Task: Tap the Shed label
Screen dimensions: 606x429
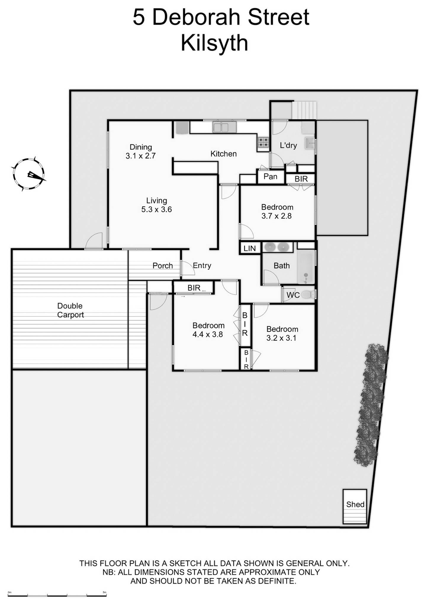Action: point(355,504)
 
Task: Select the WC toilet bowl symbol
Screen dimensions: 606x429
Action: point(309,294)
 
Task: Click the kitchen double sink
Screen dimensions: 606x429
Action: point(221,128)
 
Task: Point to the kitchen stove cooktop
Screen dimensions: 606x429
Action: point(263,142)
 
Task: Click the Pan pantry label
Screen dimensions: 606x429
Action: point(270,177)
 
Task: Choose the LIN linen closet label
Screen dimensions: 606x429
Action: point(250,248)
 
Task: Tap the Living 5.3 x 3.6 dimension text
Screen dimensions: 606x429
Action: point(156,209)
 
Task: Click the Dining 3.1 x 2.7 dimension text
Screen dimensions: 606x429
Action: point(141,156)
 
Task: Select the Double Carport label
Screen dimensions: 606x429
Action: point(70,310)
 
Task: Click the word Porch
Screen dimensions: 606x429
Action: point(163,266)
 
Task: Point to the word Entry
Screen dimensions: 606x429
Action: point(202,265)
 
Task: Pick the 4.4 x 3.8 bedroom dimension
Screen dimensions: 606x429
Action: point(208,334)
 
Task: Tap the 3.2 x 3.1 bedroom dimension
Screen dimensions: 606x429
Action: point(281,338)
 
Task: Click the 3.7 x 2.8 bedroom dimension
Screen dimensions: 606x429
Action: point(277,216)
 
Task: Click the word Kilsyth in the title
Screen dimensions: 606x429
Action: point(214,43)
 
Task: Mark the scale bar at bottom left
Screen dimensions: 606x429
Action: point(57,595)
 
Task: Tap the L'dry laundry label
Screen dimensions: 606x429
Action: point(288,145)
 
